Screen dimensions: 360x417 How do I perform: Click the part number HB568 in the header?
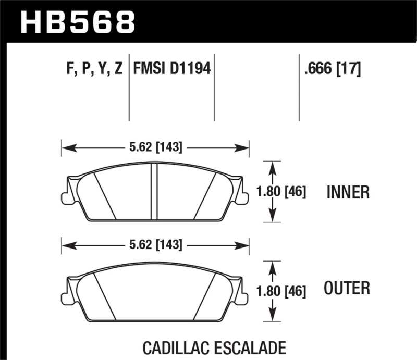[x=77, y=22]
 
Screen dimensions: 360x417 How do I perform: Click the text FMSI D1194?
[x=172, y=69]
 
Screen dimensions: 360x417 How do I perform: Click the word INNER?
[x=348, y=193]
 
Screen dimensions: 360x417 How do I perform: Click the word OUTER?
[x=347, y=288]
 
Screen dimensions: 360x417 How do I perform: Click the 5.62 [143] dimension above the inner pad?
[x=155, y=147]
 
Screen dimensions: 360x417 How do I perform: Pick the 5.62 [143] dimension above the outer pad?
[x=155, y=244]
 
